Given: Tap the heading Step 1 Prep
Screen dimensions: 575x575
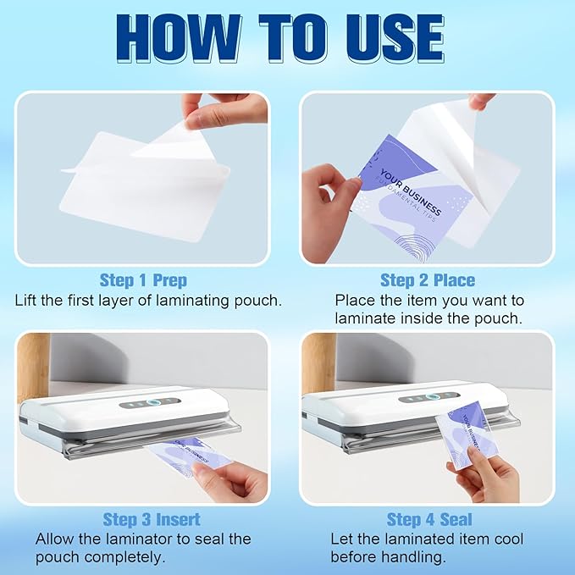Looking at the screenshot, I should pyautogui.click(x=143, y=280).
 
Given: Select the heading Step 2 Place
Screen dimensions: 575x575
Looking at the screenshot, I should pyautogui.click(x=428, y=280).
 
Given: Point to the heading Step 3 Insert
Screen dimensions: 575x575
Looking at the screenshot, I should pyautogui.click(x=151, y=519).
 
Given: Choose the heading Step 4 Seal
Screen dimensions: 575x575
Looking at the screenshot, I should pyautogui.click(x=429, y=519).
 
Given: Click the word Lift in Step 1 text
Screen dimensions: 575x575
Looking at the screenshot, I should pyautogui.click(x=28, y=300).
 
